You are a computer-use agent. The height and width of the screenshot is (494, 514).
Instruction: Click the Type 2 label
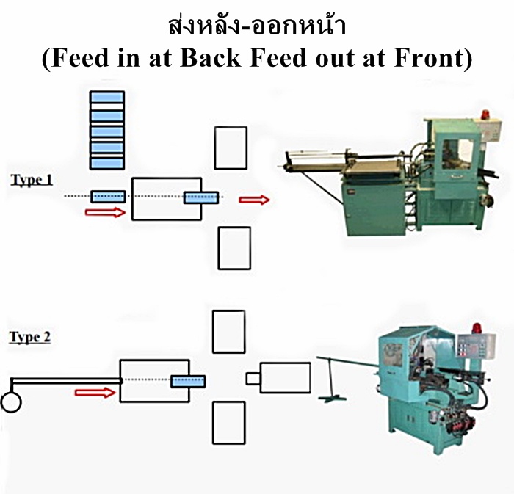(30, 338)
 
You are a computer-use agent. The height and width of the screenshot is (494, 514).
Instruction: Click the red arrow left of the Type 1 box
(105, 213)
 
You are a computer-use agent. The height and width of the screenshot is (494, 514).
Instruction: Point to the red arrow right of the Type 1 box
(254, 200)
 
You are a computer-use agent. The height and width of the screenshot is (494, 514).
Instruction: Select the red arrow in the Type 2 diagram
(95, 392)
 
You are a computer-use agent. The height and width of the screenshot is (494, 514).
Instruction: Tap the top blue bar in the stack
(106, 99)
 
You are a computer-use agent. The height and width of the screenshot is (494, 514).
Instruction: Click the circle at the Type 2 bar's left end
(12, 402)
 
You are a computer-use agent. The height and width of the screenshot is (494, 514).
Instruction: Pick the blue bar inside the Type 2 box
(188, 380)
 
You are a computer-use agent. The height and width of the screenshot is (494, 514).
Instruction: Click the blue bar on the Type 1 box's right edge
(201, 197)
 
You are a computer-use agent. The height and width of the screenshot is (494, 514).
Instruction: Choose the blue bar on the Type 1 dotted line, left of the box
(108, 197)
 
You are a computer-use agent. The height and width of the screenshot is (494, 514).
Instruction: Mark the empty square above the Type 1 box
(231, 148)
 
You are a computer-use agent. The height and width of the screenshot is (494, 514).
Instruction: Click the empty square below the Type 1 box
(234, 248)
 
